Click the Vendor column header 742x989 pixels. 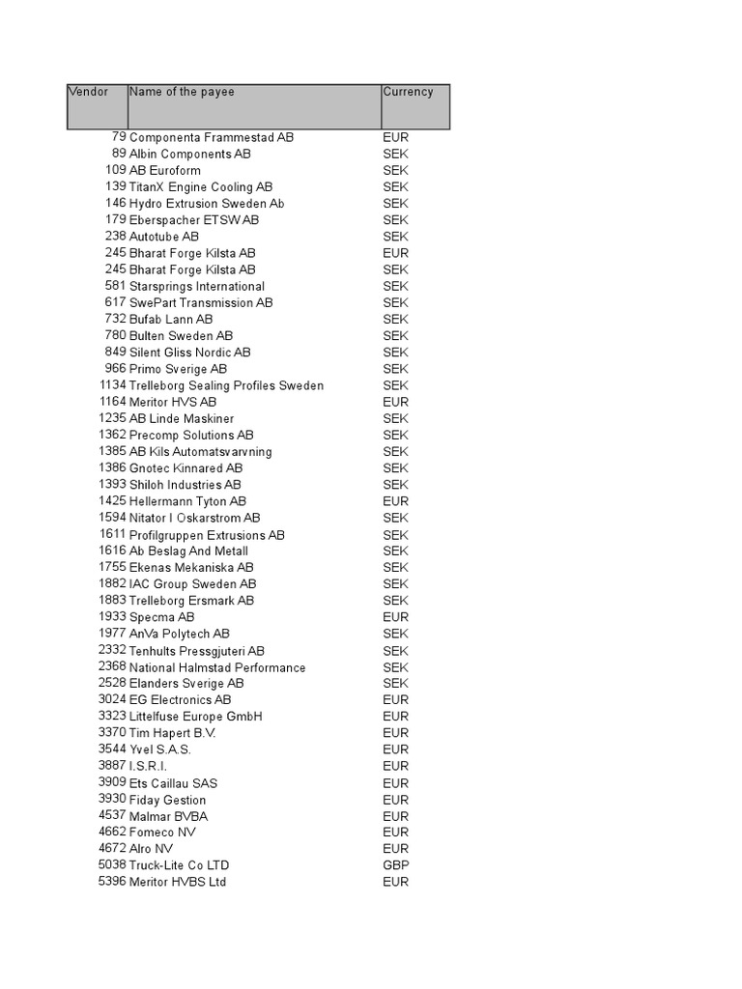pos(88,93)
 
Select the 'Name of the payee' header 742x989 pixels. pos(182,93)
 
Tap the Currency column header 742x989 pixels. pos(408,93)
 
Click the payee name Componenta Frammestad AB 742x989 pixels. pos(212,137)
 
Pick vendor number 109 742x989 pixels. pos(116,170)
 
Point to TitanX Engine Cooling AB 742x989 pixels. pos(201,186)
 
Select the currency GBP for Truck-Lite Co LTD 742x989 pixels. pos(395,865)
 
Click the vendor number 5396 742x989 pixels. pos(112,882)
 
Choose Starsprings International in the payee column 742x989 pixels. pos(197,286)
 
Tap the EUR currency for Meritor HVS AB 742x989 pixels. pos(395,402)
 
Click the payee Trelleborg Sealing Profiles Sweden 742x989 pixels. pos(226,385)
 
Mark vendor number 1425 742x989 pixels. pos(112,501)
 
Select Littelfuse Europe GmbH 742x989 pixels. pos(196,717)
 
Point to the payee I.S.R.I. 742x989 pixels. pos(148,766)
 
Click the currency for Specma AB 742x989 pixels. pos(395,617)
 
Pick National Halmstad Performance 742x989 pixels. pos(217,667)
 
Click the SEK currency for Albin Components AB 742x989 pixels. pos(395,154)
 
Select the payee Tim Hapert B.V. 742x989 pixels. pos(173,733)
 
